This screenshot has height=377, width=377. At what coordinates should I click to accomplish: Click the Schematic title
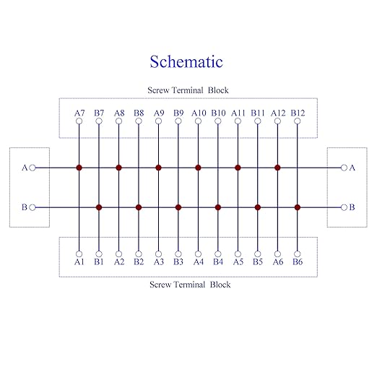pos(186,61)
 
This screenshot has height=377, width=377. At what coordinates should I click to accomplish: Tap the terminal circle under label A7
pos(79,121)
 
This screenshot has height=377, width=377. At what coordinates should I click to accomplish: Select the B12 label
pos(298,113)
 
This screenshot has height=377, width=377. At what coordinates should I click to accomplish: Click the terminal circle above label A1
pos(79,254)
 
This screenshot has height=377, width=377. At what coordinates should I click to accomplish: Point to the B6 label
pos(298,261)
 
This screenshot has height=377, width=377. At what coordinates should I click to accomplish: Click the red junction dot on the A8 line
pos(118,168)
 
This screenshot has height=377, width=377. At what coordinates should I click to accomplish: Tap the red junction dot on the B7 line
pos(99,207)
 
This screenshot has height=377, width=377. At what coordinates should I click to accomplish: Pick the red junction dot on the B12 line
pos(298,207)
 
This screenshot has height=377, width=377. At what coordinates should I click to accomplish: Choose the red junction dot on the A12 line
pos(277,168)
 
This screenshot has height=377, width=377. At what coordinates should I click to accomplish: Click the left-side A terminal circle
pos(32,168)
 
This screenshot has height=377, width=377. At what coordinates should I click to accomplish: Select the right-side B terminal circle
pos(344,207)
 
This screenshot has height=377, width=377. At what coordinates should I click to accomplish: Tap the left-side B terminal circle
pos(32,207)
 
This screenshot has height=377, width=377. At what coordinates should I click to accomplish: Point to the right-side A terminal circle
pos(344,168)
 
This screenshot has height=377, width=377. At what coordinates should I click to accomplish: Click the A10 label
pos(199,113)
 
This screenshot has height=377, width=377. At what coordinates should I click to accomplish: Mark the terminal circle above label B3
pos(178,254)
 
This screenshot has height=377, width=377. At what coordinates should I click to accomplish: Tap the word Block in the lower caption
pos(220,285)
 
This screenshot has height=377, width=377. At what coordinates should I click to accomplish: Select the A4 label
pos(199,261)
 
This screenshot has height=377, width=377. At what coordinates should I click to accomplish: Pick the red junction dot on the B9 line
pos(178,207)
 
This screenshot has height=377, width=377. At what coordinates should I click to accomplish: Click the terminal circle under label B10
pos(218,121)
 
